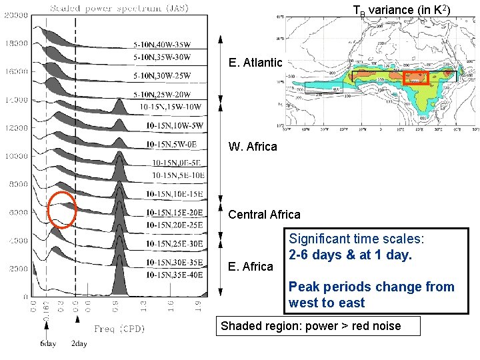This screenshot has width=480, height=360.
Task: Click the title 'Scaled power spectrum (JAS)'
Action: coord(119,8)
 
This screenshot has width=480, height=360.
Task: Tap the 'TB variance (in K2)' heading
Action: coord(401,10)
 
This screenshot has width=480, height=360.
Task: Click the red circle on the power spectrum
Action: coord(63,209)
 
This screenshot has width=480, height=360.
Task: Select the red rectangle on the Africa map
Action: coord(416,77)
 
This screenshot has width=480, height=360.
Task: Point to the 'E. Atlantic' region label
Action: coord(255,63)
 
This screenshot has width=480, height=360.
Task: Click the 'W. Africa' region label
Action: coord(253,147)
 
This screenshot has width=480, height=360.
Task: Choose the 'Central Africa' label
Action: coord(264,215)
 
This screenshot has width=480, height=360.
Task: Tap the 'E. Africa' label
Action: coord(251,267)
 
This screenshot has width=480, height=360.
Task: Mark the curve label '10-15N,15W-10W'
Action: coord(171,107)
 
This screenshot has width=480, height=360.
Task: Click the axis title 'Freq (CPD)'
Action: coord(119,329)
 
